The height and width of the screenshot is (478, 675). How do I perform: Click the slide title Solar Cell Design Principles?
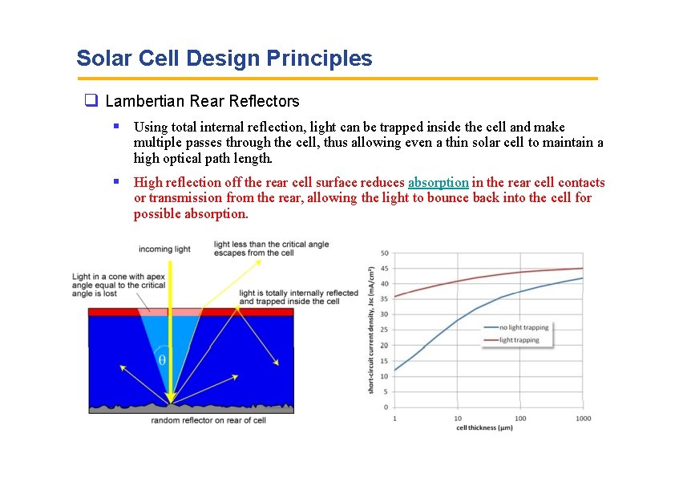pos(224,59)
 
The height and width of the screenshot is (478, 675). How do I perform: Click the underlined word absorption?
pos(438,183)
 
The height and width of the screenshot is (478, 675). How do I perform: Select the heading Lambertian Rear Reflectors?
pos(202,101)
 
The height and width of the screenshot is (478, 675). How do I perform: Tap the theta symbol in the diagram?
pos(162,360)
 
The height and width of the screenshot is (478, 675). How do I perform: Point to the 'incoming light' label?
pos(164,249)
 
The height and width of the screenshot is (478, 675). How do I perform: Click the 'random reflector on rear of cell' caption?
pos(208,420)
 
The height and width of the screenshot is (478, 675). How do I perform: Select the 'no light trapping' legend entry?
pos(523,327)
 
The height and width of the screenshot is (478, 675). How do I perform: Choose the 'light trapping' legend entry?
pos(519,340)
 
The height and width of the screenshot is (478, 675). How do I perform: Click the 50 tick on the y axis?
pos(385,253)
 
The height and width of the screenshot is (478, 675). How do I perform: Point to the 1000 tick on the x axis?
pos(583,419)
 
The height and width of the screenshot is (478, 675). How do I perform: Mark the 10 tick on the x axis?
pos(458,419)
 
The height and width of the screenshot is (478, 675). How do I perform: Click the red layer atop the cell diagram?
pos(112,312)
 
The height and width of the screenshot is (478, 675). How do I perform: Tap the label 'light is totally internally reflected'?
pos(298,294)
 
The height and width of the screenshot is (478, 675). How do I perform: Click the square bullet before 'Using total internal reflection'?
pos(116,126)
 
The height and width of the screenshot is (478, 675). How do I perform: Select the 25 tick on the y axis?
pos(385,330)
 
